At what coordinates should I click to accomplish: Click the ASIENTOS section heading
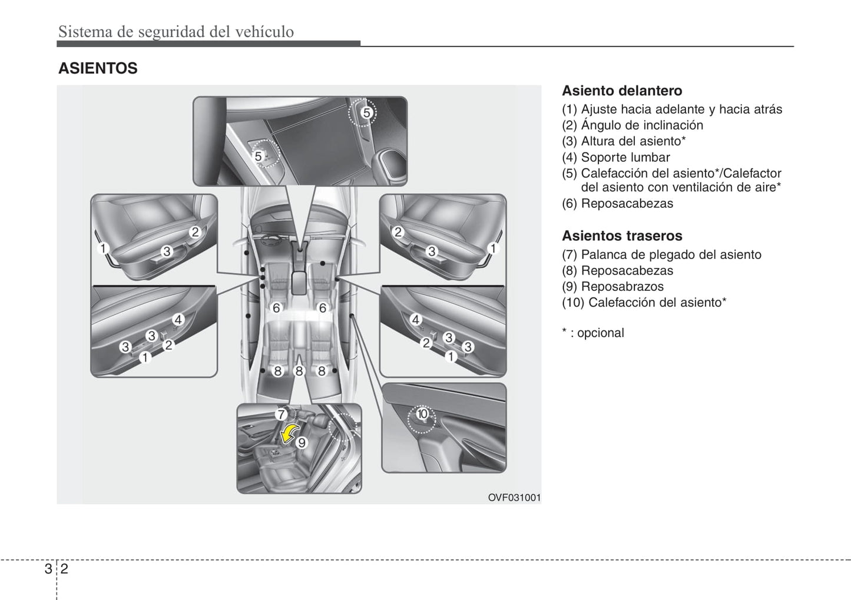(x=98, y=68)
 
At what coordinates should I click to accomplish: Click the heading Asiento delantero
(x=622, y=91)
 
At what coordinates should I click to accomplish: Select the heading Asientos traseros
(x=622, y=236)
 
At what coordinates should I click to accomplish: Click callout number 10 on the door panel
(x=422, y=413)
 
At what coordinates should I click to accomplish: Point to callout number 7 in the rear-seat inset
(x=281, y=415)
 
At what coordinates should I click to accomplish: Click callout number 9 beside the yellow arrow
(x=302, y=443)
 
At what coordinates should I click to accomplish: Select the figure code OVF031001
(x=514, y=498)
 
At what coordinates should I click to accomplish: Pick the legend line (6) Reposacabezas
(x=617, y=204)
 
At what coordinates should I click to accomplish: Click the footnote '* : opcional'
(x=592, y=333)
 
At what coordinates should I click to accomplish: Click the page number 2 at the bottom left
(x=64, y=568)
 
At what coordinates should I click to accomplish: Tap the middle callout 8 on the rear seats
(x=299, y=371)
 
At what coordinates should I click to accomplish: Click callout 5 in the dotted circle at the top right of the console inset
(x=367, y=113)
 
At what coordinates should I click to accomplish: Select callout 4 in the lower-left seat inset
(x=178, y=319)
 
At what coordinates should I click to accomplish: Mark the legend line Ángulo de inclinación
(x=633, y=125)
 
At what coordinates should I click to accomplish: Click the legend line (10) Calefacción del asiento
(x=644, y=303)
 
